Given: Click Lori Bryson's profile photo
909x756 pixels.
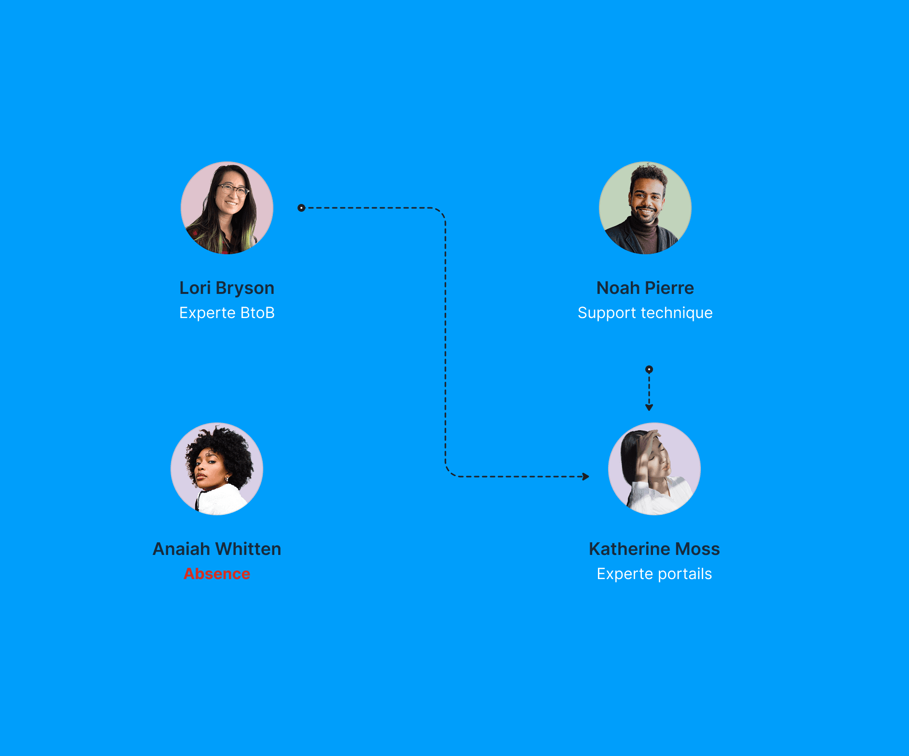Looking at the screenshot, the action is click(x=227, y=208).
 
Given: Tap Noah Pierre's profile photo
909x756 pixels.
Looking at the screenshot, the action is click(x=645, y=208).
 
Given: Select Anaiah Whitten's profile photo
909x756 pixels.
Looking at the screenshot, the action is click(x=217, y=469).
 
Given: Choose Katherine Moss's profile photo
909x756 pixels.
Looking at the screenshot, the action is click(x=654, y=469).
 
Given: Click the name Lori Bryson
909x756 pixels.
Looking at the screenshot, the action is click(x=227, y=288).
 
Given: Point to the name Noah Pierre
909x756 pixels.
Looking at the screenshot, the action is click(x=645, y=288).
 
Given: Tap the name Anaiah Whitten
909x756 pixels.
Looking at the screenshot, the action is click(x=217, y=549).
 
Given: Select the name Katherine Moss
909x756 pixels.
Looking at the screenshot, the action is click(x=654, y=549).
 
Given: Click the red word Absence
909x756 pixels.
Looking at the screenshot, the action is click(x=217, y=574).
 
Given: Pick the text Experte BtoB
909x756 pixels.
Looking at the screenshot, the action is click(x=227, y=313).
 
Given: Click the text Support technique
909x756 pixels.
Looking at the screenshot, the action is click(x=645, y=313).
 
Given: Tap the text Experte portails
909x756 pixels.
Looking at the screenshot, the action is click(x=654, y=574).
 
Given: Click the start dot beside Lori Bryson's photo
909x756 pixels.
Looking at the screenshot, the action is click(x=301, y=208).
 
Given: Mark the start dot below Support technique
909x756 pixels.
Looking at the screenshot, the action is click(x=649, y=369).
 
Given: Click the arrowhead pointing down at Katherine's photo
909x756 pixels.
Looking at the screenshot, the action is click(x=649, y=407).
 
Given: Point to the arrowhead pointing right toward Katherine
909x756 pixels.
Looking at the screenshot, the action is click(x=586, y=477).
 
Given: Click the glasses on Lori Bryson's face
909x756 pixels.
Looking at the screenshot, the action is click(x=233, y=189).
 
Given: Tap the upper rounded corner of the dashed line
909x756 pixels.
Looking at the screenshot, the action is click(x=441, y=212).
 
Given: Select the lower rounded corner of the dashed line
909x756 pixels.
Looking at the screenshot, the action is click(x=450, y=472).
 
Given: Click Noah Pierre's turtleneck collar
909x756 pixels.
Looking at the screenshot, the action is click(x=645, y=227).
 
